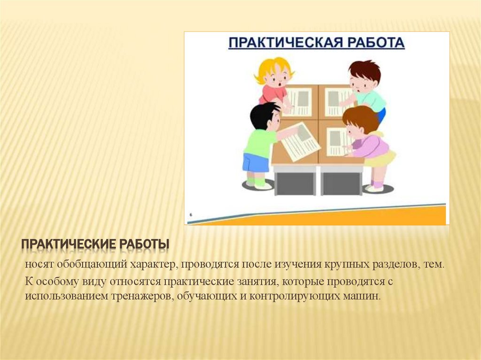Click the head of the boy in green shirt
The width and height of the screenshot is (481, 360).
point(364,76)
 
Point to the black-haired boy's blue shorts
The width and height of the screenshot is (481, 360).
point(256,162)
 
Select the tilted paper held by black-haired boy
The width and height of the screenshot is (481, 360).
point(301,141)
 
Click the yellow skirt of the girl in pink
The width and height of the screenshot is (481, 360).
point(380,159)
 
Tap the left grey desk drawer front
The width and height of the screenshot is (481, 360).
point(295,184)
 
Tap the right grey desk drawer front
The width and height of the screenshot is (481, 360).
point(341,184)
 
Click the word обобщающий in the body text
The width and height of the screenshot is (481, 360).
point(83,265)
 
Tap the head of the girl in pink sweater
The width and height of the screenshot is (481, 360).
point(361,121)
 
